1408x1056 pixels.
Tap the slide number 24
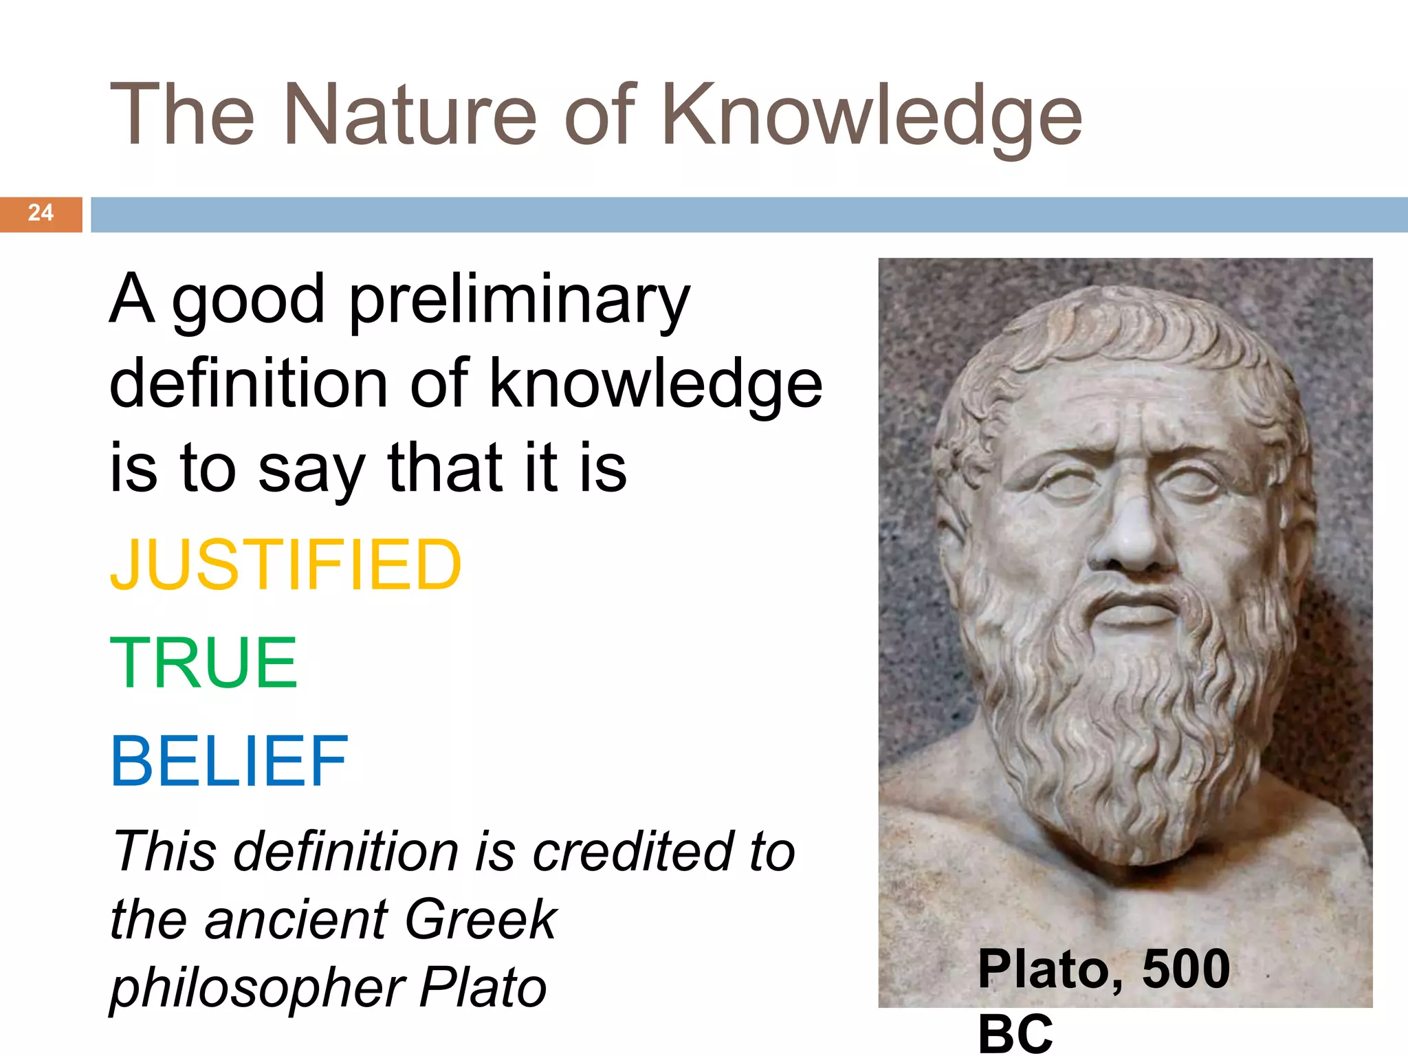(41, 213)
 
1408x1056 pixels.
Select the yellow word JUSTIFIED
(286, 564)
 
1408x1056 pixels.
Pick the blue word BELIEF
(230, 761)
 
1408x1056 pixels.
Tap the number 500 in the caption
(1186, 969)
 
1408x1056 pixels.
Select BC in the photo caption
(1015, 1033)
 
